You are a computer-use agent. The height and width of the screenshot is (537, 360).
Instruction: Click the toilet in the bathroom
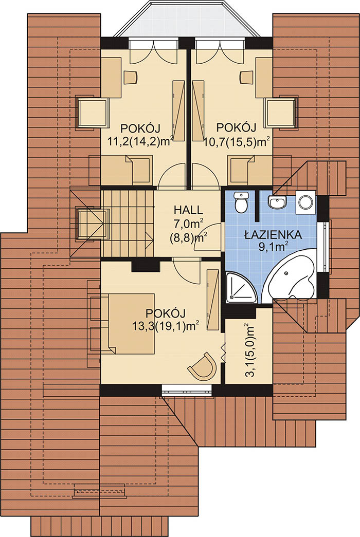241,202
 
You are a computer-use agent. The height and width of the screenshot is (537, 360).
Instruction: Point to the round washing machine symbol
306,202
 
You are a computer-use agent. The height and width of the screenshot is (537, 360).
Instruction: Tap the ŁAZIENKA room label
273,235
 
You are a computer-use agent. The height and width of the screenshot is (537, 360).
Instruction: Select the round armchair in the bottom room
203,366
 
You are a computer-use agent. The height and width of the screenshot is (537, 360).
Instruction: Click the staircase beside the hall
127,223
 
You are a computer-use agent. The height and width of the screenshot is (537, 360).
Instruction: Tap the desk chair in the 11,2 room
130,77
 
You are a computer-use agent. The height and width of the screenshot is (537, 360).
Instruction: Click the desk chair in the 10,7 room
247,77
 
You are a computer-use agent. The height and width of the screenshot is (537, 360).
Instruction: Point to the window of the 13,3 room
187,390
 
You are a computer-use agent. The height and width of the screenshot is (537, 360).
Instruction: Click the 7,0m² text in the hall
188,225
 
